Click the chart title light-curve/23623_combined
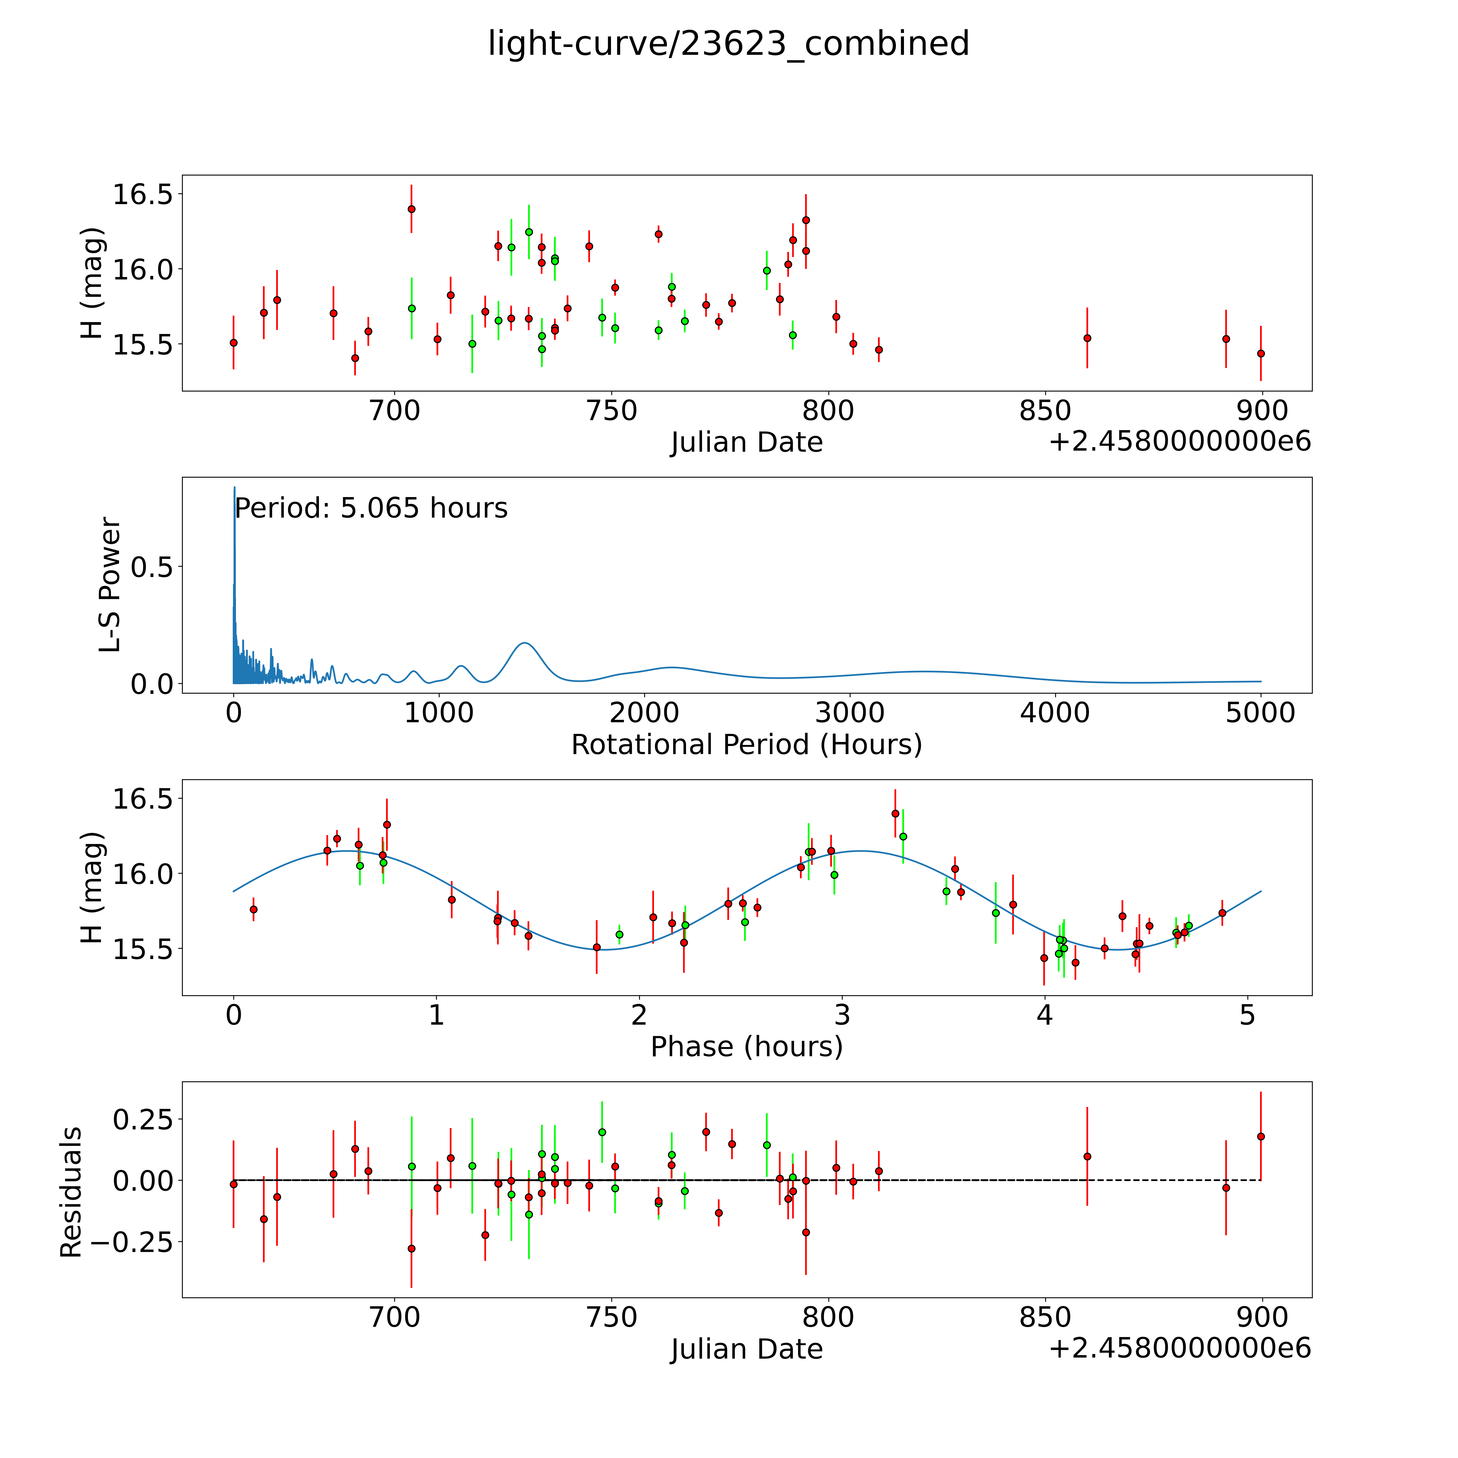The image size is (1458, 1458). click(x=728, y=44)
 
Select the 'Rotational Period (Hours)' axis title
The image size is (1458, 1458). click(x=746, y=745)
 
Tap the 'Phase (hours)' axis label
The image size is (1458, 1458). click(x=746, y=1047)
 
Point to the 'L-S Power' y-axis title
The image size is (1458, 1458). click(x=110, y=585)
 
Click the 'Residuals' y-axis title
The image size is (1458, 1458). click(x=71, y=1192)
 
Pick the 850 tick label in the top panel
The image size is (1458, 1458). click(x=1045, y=411)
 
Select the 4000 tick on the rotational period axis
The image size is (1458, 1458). click(x=1055, y=713)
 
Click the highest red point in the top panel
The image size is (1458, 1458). click(x=411, y=209)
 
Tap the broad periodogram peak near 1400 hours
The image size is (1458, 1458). click(x=525, y=644)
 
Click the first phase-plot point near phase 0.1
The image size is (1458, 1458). click(x=254, y=909)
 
